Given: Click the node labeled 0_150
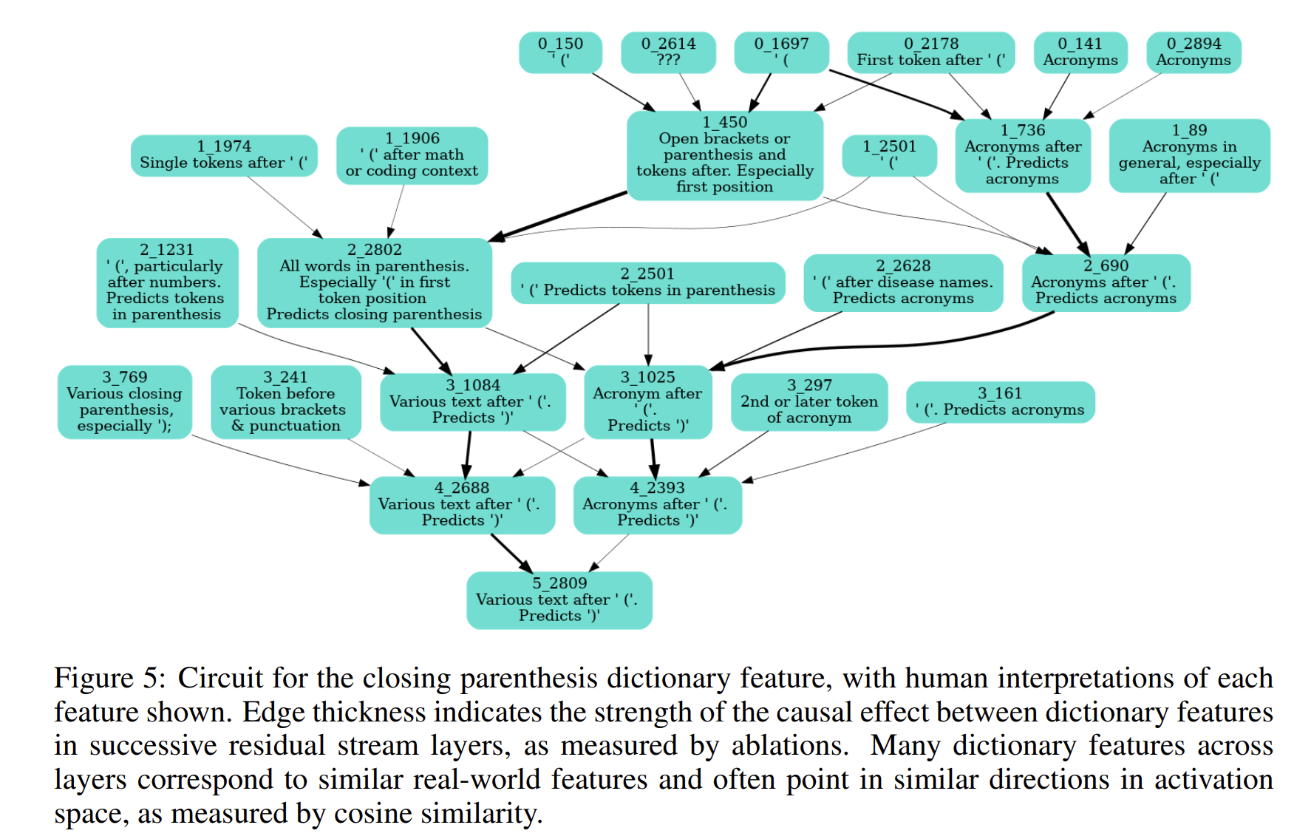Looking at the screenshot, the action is tap(560, 52).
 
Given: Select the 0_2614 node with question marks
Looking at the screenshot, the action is tap(668, 52).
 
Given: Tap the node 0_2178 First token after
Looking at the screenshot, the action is tap(931, 52).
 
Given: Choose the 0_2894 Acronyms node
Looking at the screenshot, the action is tap(1193, 52).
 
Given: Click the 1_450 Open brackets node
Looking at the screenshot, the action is tap(725, 155).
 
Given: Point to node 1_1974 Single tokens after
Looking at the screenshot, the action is tap(224, 155).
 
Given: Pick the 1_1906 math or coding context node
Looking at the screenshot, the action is tap(412, 155).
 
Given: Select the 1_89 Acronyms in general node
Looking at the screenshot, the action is tap(1189, 155).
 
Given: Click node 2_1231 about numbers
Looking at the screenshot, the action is tap(167, 282).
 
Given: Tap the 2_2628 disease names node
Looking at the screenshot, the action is tap(903, 282).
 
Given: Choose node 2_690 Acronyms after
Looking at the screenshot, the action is tap(1106, 282).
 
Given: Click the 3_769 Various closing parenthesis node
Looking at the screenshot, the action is tap(124, 402).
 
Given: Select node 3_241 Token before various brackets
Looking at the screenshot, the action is tap(285, 402).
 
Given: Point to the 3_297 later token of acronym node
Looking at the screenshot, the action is tap(809, 402).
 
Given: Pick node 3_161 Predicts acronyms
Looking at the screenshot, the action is tap(1000, 402).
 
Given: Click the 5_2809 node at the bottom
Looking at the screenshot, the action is tap(559, 600).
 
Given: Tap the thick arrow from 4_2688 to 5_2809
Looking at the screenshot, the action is tap(511, 552).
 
